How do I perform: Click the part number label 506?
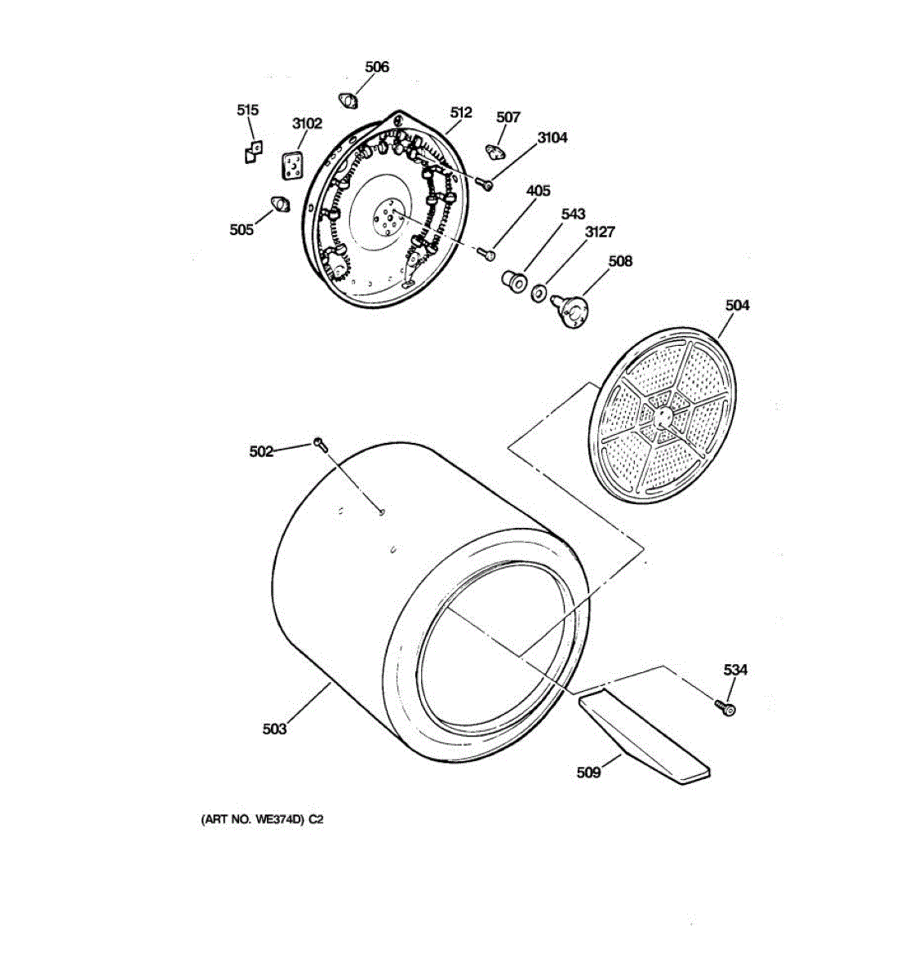[x=376, y=67]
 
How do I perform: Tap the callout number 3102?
[x=307, y=124]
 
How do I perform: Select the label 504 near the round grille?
[x=737, y=305]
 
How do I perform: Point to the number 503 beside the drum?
[x=274, y=729]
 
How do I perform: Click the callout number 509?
[x=588, y=772]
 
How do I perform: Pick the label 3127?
[x=599, y=233]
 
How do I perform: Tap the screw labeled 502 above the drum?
[x=320, y=444]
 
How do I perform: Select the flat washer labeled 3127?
[x=539, y=291]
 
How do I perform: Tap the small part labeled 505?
[x=280, y=204]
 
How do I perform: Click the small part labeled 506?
[x=349, y=100]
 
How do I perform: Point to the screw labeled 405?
[x=488, y=255]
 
